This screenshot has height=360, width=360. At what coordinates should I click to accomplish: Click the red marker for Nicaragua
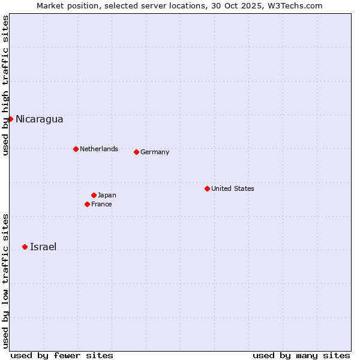[10, 119]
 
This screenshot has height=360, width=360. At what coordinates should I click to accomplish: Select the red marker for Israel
[25, 247]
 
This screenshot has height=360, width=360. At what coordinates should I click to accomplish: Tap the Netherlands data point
[76, 149]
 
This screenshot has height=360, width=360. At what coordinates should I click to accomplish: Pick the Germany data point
[136, 152]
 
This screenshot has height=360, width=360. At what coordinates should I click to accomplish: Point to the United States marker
[207, 188]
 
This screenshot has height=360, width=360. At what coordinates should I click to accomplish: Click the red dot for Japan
[94, 195]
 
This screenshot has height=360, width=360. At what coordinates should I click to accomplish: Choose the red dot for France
[87, 204]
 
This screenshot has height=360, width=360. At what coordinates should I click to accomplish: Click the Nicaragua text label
[39, 119]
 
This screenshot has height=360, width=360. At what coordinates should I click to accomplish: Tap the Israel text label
[43, 247]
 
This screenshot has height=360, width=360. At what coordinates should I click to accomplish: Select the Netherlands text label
[98, 149]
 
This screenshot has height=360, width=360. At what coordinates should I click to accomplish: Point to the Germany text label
[155, 152]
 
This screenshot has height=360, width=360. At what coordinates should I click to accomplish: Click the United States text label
[232, 188]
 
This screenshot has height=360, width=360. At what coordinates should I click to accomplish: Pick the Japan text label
[107, 195]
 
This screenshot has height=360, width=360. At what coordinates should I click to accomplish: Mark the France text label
[101, 204]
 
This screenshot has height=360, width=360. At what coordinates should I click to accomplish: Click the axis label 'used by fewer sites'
[62, 355]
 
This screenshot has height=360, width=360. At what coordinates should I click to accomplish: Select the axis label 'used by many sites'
[301, 355]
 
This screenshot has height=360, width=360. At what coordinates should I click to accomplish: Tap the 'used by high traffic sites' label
[5, 86]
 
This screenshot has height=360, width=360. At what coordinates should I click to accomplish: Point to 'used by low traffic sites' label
[5, 281]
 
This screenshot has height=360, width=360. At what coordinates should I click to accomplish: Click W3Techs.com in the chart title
[296, 5]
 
